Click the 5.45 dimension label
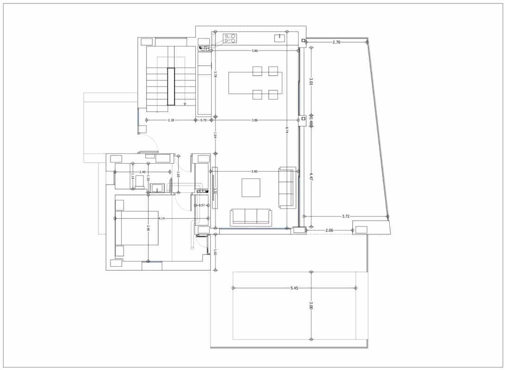pyautogui.click(x=294, y=288)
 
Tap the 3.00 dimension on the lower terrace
pyautogui.click(x=311, y=306)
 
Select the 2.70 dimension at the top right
pyautogui.click(x=337, y=42)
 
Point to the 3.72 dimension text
pyautogui.click(x=346, y=216)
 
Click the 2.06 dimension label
pyautogui.click(x=330, y=230)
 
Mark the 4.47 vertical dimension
pyautogui.click(x=311, y=176)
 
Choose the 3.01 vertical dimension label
pyautogui.click(x=311, y=81)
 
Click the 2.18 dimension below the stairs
pyautogui.click(x=171, y=120)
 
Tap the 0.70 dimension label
pyautogui.click(x=203, y=120)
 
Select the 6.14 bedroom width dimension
pyautogui.click(x=162, y=218)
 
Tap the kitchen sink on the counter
pyautogui.click(x=279, y=38)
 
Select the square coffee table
pyautogui.click(x=251, y=187)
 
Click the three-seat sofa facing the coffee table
pyautogui.click(x=251, y=216)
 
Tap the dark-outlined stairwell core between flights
pyautogui.click(x=171, y=86)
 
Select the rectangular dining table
pyautogui.click(x=255, y=83)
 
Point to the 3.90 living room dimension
pyautogui.click(x=254, y=172)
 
